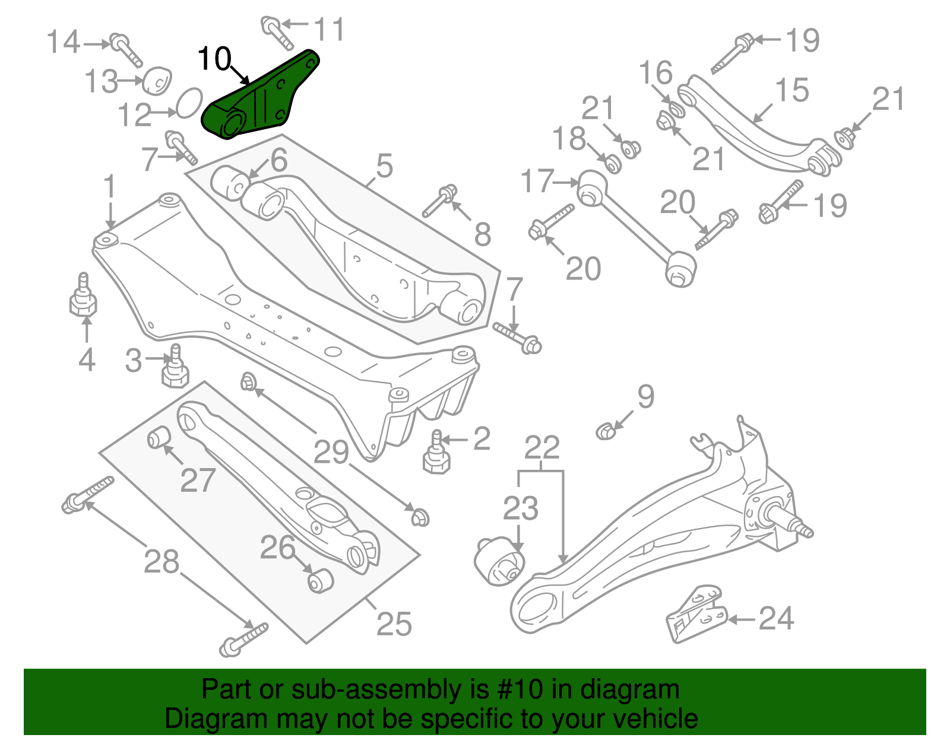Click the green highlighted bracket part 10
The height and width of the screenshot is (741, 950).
pyautogui.click(x=261, y=98)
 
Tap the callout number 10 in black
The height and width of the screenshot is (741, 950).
pyautogui.click(x=214, y=59)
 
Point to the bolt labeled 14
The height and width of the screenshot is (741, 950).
pyautogui.click(x=125, y=50)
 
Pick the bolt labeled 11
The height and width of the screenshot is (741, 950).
pyautogui.click(x=277, y=33)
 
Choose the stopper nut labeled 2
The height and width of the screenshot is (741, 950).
pyautogui.click(x=436, y=455)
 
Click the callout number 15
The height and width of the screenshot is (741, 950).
pyautogui.click(x=792, y=90)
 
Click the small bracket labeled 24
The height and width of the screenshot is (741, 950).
pyautogui.click(x=695, y=616)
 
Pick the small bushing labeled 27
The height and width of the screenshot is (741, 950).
pyautogui.click(x=159, y=437)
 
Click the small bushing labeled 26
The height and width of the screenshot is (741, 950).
pyautogui.click(x=321, y=580)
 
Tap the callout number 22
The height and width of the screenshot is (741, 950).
pyautogui.click(x=541, y=448)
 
